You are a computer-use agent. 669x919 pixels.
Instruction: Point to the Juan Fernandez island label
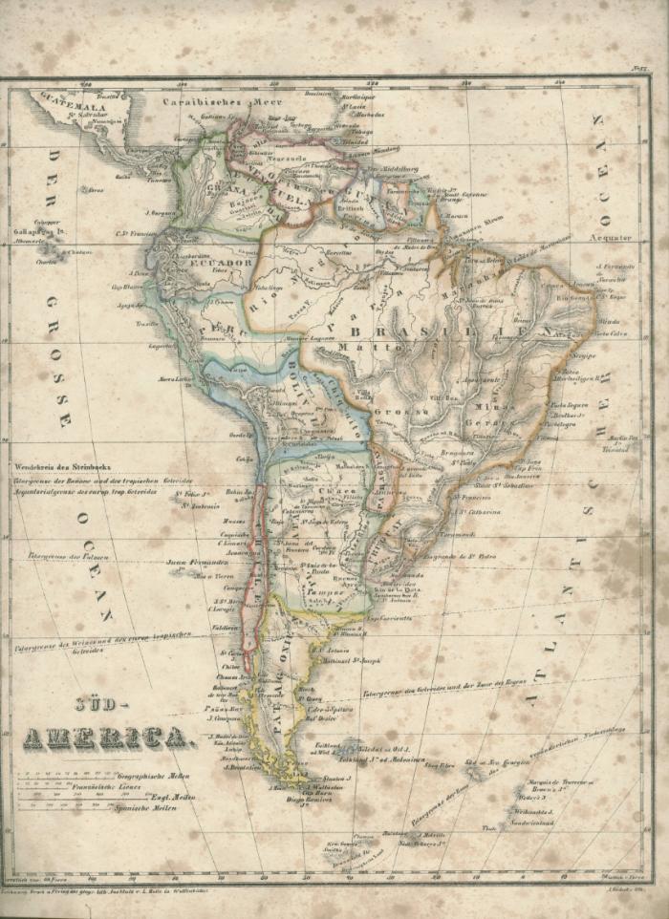click(197, 563)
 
